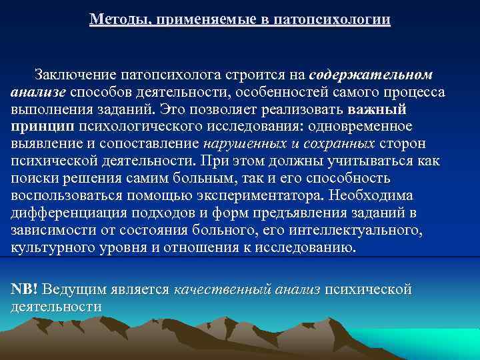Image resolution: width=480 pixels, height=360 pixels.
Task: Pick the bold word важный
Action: [377, 109]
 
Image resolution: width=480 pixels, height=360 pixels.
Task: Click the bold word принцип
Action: [41, 126]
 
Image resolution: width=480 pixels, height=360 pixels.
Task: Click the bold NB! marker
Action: [25, 290]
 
